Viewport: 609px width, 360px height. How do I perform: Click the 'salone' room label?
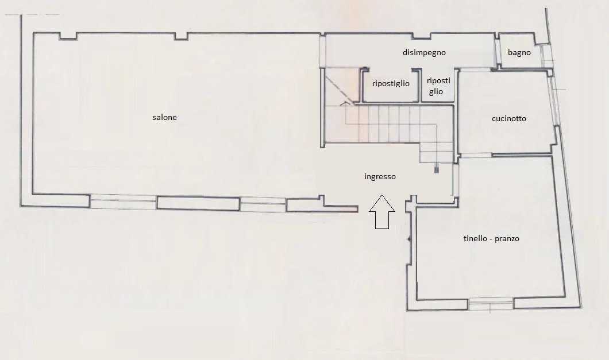coord(164,117)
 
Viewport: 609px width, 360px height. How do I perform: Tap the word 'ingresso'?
coord(380,177)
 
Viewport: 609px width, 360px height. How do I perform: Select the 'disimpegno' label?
coord(424,52)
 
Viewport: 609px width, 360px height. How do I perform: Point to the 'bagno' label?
coord(519,52)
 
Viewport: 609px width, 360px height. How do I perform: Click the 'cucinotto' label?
coord(509,118)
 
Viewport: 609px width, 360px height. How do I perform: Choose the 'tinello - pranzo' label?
coord(491,238)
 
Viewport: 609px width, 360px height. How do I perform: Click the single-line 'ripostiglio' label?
coord(391,83)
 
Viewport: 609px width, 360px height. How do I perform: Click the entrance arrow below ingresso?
coord(382,212)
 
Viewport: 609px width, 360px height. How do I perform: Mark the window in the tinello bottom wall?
coord(491,304)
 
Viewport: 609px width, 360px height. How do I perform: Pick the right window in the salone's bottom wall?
coord(263,204)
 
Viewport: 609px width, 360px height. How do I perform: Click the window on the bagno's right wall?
coord(546,59)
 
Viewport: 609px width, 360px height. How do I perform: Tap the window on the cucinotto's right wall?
coord(554,101)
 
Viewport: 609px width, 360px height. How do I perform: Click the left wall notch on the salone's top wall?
coord(68,36)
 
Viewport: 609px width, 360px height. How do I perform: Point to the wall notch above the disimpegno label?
coord(421,36)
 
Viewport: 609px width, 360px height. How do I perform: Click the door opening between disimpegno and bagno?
coord(496,52)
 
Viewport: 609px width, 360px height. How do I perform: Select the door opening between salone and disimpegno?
coord(322,51)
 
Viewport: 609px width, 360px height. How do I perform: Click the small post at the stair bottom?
coord(437,169)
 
